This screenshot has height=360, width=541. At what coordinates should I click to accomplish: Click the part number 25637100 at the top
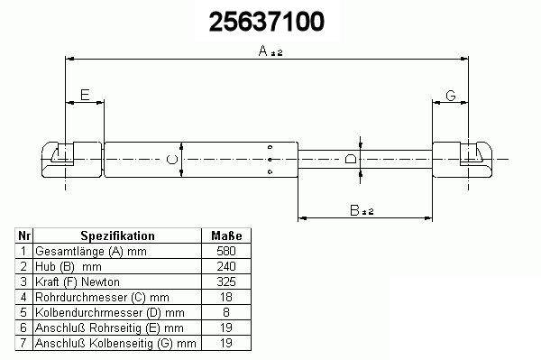click(x=267, y=22)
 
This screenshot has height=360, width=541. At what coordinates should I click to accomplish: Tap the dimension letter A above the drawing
click(x=263, y=51)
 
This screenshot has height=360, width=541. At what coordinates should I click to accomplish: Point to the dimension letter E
click(x=85, y=95)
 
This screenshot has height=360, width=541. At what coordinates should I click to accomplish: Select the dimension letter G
click(x=451, y=95)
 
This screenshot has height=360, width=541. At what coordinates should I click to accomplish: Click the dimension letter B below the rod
click(x=354, y=210)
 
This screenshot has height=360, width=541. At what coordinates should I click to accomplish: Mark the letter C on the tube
click(x=172, y=160)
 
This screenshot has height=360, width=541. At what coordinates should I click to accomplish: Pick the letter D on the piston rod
click(x=351, y=159)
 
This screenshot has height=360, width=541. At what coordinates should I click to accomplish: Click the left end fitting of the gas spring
click(x=72, y=160)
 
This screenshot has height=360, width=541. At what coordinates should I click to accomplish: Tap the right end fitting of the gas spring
click(x=463, y=160)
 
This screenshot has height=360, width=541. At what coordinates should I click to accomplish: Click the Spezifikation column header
click(x=117, y=235)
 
